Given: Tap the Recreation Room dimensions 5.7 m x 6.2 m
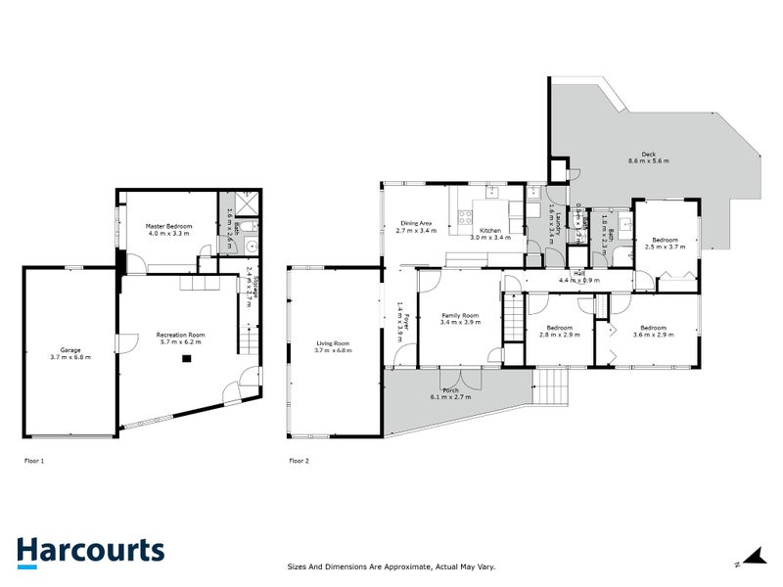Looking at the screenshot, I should [x=178, y=342].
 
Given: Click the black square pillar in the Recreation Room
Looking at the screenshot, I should [x=184, y=359].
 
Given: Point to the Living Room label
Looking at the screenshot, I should [x=333, y=343].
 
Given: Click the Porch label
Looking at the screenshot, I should [x=451, y=391].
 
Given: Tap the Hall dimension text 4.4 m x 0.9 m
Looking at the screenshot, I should [x=579, y=281].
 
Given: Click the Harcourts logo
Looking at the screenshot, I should [x=90, y=552].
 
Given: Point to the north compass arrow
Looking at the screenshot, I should [x=752, y=558].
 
